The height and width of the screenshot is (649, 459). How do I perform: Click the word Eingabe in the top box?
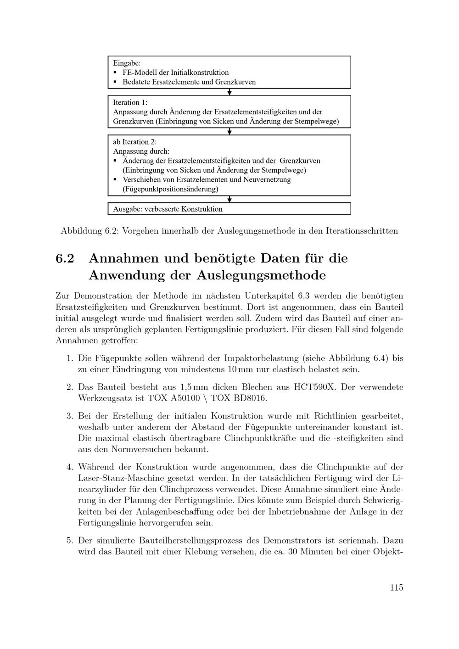pyautogui.click(x=126, y=63)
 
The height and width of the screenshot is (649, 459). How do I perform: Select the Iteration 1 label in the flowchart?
pyautogui.click(x=130, y=102)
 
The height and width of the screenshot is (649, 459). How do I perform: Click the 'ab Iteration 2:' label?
pyautogui.click(x=134, y=142)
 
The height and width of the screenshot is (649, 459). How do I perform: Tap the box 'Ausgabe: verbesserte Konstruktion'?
pyautogui.click(x=229, y=209)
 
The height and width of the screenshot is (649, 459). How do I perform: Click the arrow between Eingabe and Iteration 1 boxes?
pyautogui.click(x=229, y=92)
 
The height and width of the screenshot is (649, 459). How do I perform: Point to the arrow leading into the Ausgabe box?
pyautogui.click(x=229, y=199)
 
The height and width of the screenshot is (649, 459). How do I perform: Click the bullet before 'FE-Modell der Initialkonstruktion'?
pyautogui.click(x=115, y=73)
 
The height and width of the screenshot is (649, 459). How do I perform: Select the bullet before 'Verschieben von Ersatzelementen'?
pyautogui.click(x=115, y=179)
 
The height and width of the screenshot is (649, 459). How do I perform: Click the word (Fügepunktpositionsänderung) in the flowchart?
pyautogui.click(x=170, y=189)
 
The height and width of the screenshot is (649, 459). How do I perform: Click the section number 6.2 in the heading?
pyautogui.click(x=65, y=258)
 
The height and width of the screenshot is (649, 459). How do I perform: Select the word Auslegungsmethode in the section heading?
pyautogui.click(x=261, y=275)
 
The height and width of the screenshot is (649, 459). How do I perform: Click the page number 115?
pyautogui.click(x=396, y=587)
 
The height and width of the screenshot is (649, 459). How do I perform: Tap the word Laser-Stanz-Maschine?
pyautogui.click(x=121, y=478)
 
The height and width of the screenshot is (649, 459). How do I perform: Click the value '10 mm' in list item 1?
pyautogui.click(x=239, y=369)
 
